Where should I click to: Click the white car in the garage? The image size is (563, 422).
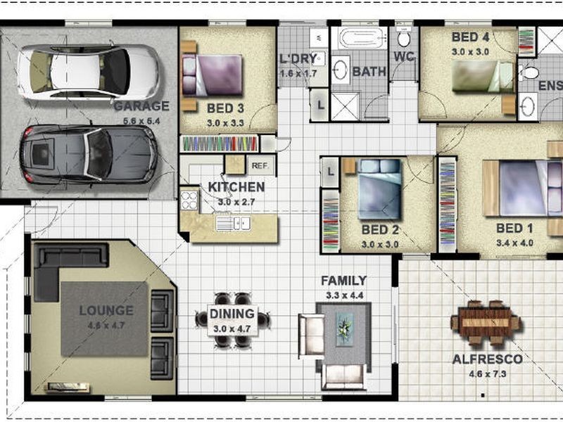pos(89,72)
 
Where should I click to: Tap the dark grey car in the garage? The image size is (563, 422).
pos(89,154)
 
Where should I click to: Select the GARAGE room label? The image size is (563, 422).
pos(141,106)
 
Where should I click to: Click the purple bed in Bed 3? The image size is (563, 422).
pos(213,75)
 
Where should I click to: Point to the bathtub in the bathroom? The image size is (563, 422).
pos(362,38)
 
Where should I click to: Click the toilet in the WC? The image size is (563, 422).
pos(404,39)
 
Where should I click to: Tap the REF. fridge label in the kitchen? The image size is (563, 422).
pos(260,166)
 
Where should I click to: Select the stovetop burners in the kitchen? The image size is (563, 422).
pos(189,200)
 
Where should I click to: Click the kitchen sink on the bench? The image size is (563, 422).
pos(234,224)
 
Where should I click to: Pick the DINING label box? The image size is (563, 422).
pos(232,321)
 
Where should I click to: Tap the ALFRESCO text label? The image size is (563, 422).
pos(487,359)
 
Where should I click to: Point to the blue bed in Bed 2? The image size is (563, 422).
pos(379,189)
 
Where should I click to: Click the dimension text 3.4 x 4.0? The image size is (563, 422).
pos(514,243)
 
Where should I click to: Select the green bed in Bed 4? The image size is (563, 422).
pos(482,76)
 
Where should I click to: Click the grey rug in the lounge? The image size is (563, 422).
pos(104,319)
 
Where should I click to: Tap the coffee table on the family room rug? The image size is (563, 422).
pos(345,329)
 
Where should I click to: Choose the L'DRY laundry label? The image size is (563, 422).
pos(298,58)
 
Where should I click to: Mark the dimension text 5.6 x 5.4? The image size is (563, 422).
pos(141,121)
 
